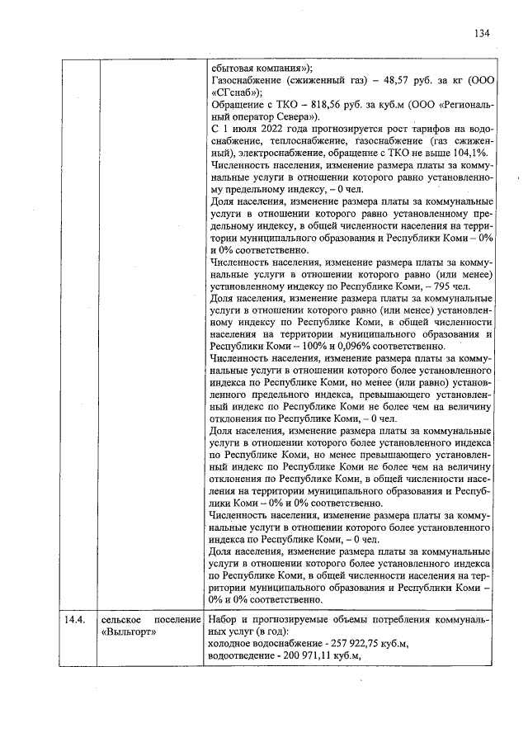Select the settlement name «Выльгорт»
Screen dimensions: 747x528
point(129,631)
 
